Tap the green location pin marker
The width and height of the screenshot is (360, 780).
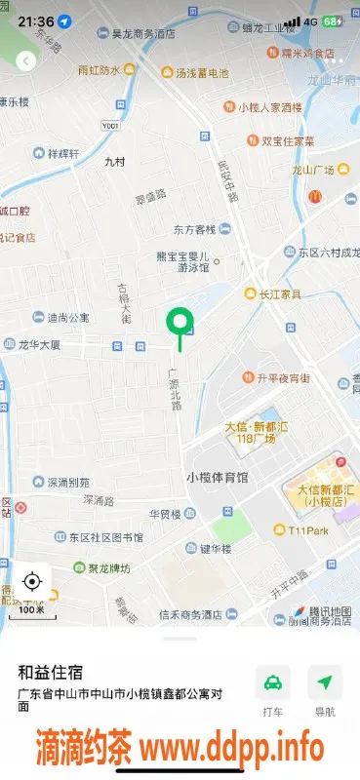tap(179, 323)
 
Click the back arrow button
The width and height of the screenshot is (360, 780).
tap(26, 60)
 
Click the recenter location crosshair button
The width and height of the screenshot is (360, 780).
tap(31, 582)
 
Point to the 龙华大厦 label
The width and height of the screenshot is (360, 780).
tap(39, 345)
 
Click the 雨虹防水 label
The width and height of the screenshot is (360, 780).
tap(100, 70)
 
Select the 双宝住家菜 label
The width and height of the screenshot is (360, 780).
tap(288, 140)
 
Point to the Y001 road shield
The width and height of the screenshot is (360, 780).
tap(112, 126)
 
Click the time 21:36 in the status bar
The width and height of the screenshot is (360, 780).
tap(35, 20)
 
